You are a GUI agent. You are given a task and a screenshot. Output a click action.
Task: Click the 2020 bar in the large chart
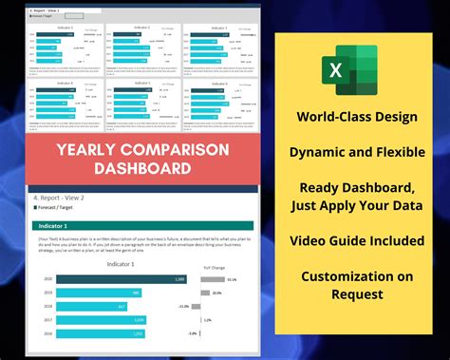(x=121, y=279)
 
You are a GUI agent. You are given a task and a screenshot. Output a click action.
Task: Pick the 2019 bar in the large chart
(x=99, y=293)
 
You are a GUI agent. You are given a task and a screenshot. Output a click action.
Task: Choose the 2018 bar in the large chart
(x=92, y=306)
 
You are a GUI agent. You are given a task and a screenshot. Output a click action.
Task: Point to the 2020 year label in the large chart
(x=47, y=279)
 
